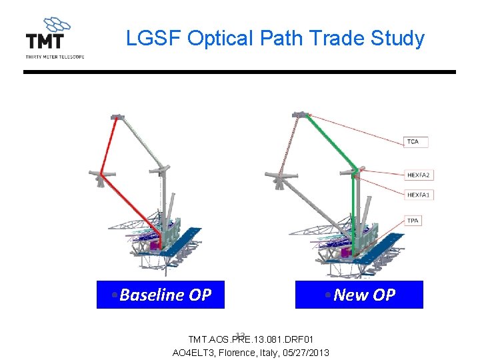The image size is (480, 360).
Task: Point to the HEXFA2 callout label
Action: pos(419,175)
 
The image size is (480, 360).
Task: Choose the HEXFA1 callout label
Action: pos(419,195)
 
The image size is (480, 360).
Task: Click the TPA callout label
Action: pos(414,221)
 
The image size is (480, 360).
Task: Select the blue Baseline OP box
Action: pos(161,295)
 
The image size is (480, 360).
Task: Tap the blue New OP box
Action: pos(359,295)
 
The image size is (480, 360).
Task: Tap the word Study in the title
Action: pos(400,39)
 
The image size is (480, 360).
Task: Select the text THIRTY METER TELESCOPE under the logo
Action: pos(55,57)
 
